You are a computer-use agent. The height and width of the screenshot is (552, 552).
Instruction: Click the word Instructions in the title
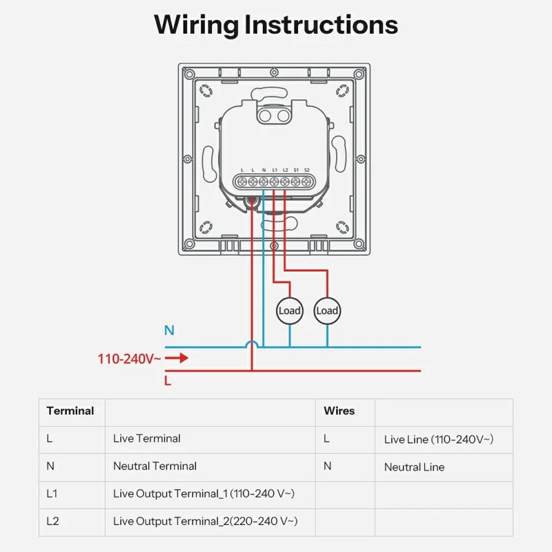click(322, 25)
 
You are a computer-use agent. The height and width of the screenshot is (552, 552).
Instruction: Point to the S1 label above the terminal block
click(296, 170)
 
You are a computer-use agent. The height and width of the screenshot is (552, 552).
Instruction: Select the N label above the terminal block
click(264, 170)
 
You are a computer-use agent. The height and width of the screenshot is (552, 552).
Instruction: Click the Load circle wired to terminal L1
click(290, 310)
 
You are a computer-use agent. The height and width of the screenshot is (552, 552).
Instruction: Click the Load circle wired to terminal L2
click(327, 310)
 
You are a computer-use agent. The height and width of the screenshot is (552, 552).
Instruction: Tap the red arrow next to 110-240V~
click(178, 358)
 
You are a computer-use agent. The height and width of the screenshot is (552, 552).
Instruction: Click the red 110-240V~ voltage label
click(129, 359)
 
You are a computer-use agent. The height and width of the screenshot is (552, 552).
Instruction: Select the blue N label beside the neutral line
click(169, 331)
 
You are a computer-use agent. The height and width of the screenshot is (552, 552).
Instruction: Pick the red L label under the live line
click(168, 380)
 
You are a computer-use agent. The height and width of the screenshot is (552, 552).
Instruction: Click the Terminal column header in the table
click(70, 411)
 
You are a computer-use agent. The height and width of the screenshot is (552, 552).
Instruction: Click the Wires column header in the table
click(339, 411)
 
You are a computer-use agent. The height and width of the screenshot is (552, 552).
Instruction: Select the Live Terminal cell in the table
click(146, 439)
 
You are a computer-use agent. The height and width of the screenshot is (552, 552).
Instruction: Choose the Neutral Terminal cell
click(155, 466)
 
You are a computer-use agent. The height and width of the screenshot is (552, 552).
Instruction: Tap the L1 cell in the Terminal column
click(52, 494)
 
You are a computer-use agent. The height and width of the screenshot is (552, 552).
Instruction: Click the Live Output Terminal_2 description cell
click(205, 522)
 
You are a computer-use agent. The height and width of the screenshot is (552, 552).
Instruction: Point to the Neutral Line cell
click(414, 467)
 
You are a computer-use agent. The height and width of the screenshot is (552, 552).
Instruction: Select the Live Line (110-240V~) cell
click(439, 440)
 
